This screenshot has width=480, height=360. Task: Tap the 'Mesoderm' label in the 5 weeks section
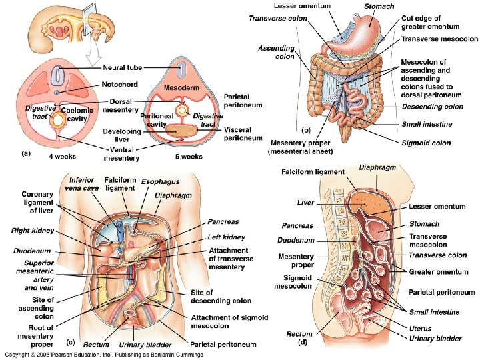(x=180, y=85)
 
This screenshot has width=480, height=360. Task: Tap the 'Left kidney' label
(x=226, y=237)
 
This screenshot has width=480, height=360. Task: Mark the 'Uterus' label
(x=420, y=328)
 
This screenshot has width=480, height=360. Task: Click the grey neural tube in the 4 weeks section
(x=59, y=73)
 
